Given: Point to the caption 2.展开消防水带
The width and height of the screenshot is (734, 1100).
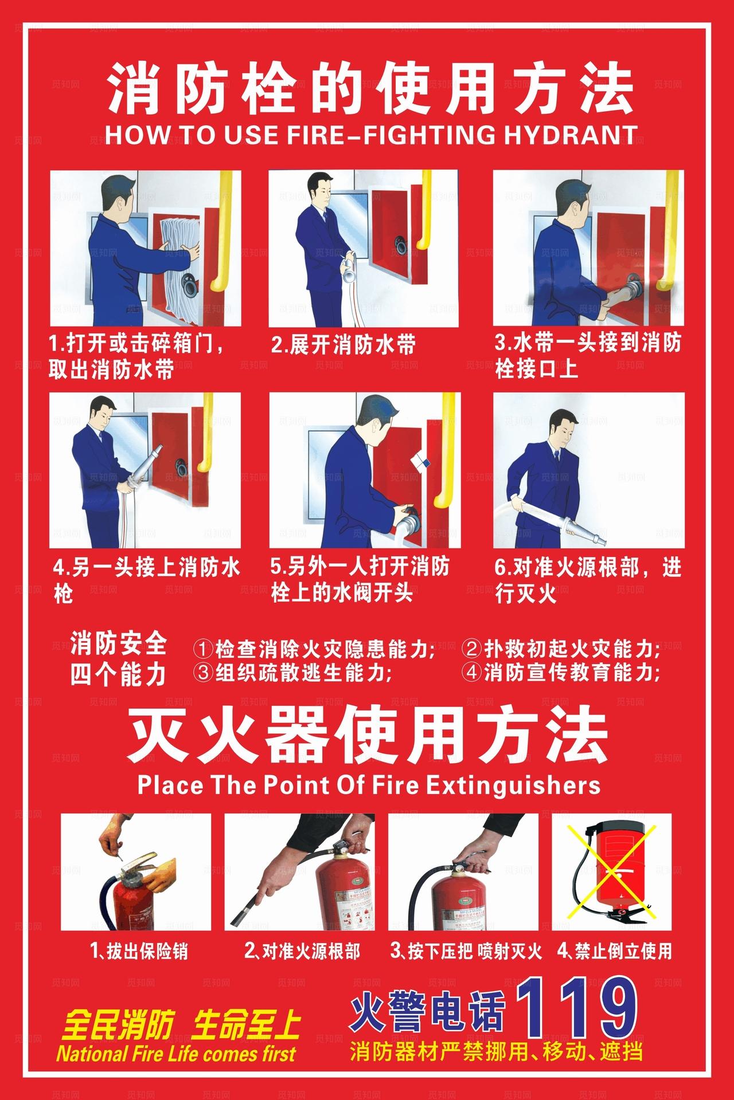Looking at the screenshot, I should coord(343,345).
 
